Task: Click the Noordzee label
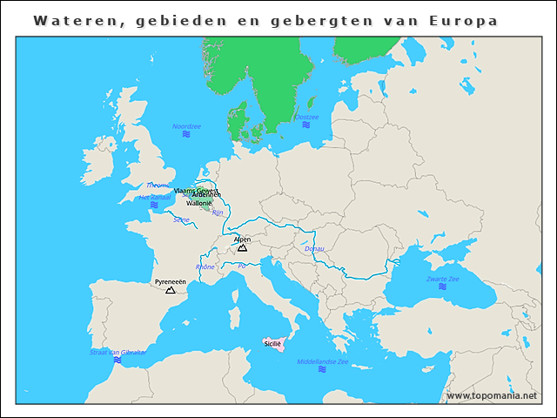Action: (186, 126)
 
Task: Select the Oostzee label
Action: (306, 117)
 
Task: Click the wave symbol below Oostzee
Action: (306, 125)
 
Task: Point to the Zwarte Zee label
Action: (442, 279)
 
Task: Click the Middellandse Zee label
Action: (323, 361)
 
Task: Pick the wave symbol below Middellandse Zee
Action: (323, 370)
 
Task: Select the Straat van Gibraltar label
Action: (117, 352)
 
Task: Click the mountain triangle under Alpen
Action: (242, 248)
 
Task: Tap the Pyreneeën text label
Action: (171, 282)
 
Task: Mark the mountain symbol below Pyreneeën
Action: (171, 291)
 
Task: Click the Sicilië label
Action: (273, 344)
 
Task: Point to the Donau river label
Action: (315, 249)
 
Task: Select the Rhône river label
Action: (205, 266)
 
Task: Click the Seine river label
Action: (181, 220)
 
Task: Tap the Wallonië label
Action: (198, 203)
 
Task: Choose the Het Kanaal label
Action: (154, 197)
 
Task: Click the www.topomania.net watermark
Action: (491, 396)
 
